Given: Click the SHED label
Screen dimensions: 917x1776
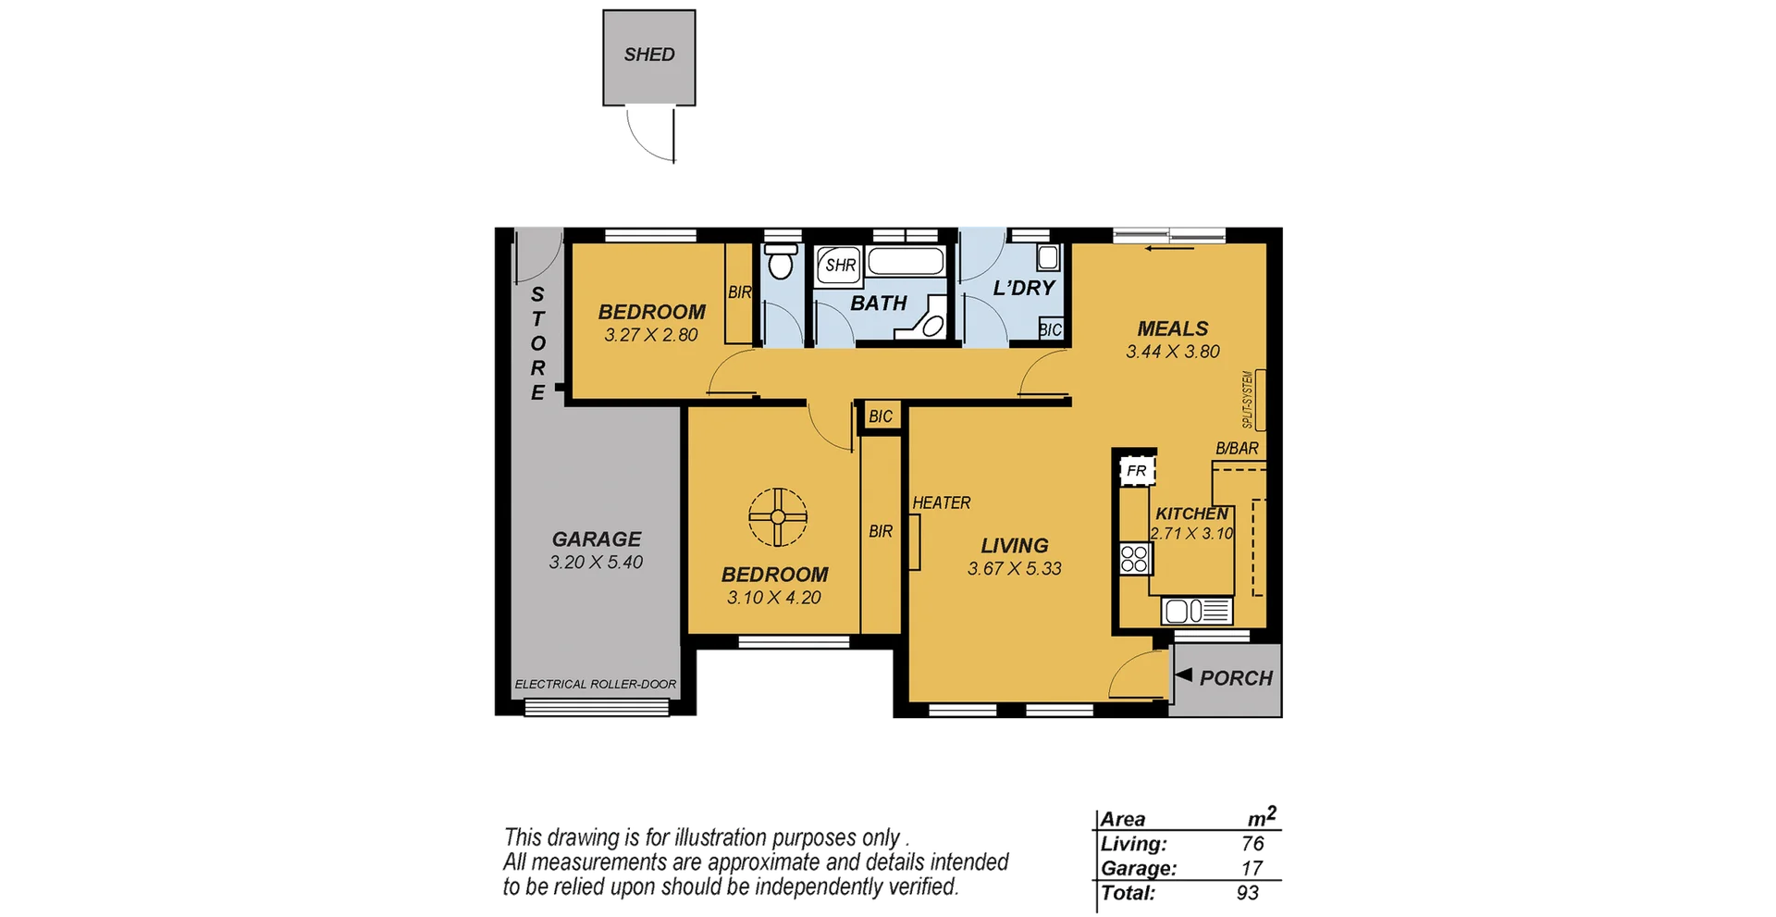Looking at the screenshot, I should [649, 55].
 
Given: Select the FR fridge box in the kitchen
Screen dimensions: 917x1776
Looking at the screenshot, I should [1137, 471].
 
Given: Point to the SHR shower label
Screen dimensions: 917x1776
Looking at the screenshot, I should [840, 266].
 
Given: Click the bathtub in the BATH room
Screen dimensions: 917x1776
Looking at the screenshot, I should [906, 262].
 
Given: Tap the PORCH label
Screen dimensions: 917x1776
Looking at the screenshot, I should [1236, 678].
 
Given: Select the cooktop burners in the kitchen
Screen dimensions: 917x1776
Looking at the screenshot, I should [1135, 558].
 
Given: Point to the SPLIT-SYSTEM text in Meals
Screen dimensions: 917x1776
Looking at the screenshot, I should [1248, 400].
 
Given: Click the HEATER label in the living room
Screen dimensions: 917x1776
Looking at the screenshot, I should [942, 503].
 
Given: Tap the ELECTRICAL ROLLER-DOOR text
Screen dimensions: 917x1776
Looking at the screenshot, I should [595, 685].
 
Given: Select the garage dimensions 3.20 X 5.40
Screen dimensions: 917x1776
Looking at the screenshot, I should [596, 563].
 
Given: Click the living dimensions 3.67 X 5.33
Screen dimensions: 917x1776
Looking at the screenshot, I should [1014, 569].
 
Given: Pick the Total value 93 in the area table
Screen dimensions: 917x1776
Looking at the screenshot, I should [1247, 894].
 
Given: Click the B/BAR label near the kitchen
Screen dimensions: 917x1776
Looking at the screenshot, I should [1237, 449].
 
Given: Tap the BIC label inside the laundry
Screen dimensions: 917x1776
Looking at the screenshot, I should [1050, 330].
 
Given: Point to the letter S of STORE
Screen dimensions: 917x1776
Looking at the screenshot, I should [537, 294].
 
